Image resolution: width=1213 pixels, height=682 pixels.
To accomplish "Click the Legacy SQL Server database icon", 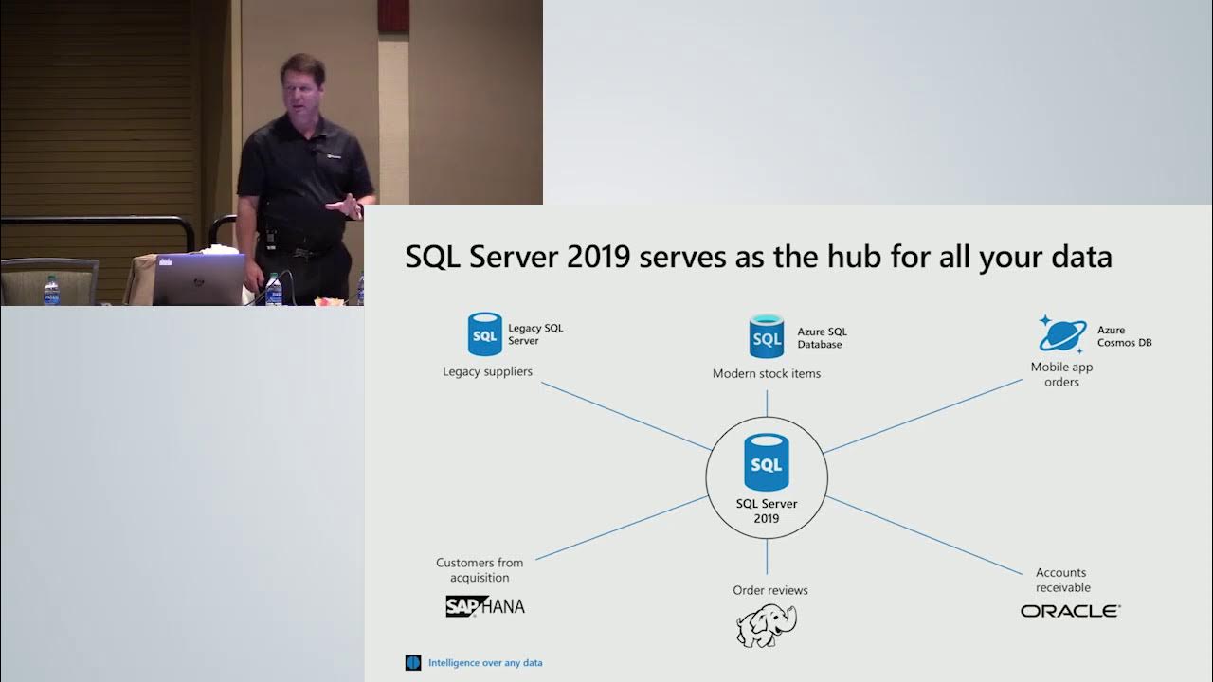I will (484, 335).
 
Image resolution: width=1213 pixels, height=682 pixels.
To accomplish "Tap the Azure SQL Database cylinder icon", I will (767, 337).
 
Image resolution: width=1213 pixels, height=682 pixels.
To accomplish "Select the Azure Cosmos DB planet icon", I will (1061, 334).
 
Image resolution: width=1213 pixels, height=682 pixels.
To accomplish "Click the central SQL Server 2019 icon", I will (767, 463).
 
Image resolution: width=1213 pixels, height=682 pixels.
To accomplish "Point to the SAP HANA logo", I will (484, 606).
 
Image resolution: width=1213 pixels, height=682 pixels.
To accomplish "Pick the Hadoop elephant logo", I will (767, 625).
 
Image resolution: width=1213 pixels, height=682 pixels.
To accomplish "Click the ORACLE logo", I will (1070, 611).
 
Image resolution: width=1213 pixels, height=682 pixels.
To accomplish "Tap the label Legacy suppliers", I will (487, 371).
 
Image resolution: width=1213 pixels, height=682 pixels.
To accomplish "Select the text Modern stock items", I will (767, 373).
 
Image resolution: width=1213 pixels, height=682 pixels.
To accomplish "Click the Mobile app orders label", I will (1061, 374).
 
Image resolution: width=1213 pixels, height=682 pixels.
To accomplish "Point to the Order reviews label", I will (770, 590).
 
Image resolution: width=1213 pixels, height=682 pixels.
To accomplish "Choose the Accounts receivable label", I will (1062, 580).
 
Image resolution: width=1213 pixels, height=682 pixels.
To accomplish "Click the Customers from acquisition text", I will (480, 570).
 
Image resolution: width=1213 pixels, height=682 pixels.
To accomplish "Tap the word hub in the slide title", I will (879, 257).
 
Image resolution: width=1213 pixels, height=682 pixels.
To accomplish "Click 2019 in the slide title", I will (600, 257).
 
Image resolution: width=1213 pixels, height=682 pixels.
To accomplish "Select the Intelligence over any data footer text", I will (485, 663).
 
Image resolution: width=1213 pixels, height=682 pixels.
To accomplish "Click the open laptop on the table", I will (198, 278).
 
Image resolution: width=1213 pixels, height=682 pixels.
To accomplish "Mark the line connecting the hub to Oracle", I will (929, 535).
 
